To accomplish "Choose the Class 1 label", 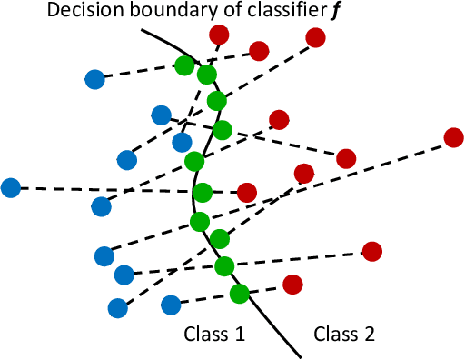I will coord(215,335).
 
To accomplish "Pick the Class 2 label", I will coord(344,335).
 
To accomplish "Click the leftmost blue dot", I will coord(11,188).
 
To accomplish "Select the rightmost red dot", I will coord(453,138).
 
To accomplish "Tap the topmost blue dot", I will coord(94,80).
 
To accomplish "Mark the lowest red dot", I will coord(292,285).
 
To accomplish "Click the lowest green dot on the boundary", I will coord(239,294).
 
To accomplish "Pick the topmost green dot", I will coord(185,65).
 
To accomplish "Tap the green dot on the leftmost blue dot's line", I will coord(203,193).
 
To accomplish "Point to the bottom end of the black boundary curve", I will coord(299,355).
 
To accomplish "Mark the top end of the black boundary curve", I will coord(142,27).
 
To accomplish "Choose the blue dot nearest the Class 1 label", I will coord(170,305).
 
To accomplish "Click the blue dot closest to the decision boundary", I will coord(183,143).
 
